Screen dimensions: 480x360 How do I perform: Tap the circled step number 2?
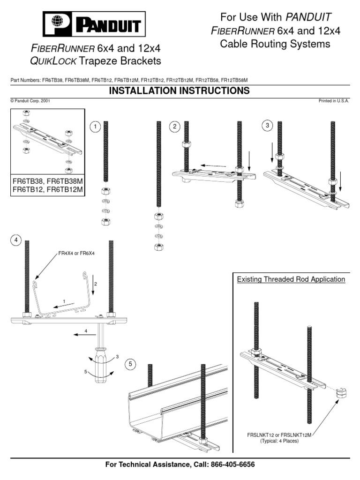(x=175, y=127)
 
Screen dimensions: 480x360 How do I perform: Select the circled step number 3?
(x=267, y=125)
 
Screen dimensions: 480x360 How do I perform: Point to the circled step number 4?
(x=16, y=240)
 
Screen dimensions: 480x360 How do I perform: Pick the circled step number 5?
(x=130, y=364)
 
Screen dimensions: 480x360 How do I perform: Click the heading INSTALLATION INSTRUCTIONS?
(x=180, y=91)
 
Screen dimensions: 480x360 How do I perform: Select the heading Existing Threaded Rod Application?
(x=291, y=279)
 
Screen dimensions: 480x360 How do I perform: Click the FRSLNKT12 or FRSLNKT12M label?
(x=279, y=435)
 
